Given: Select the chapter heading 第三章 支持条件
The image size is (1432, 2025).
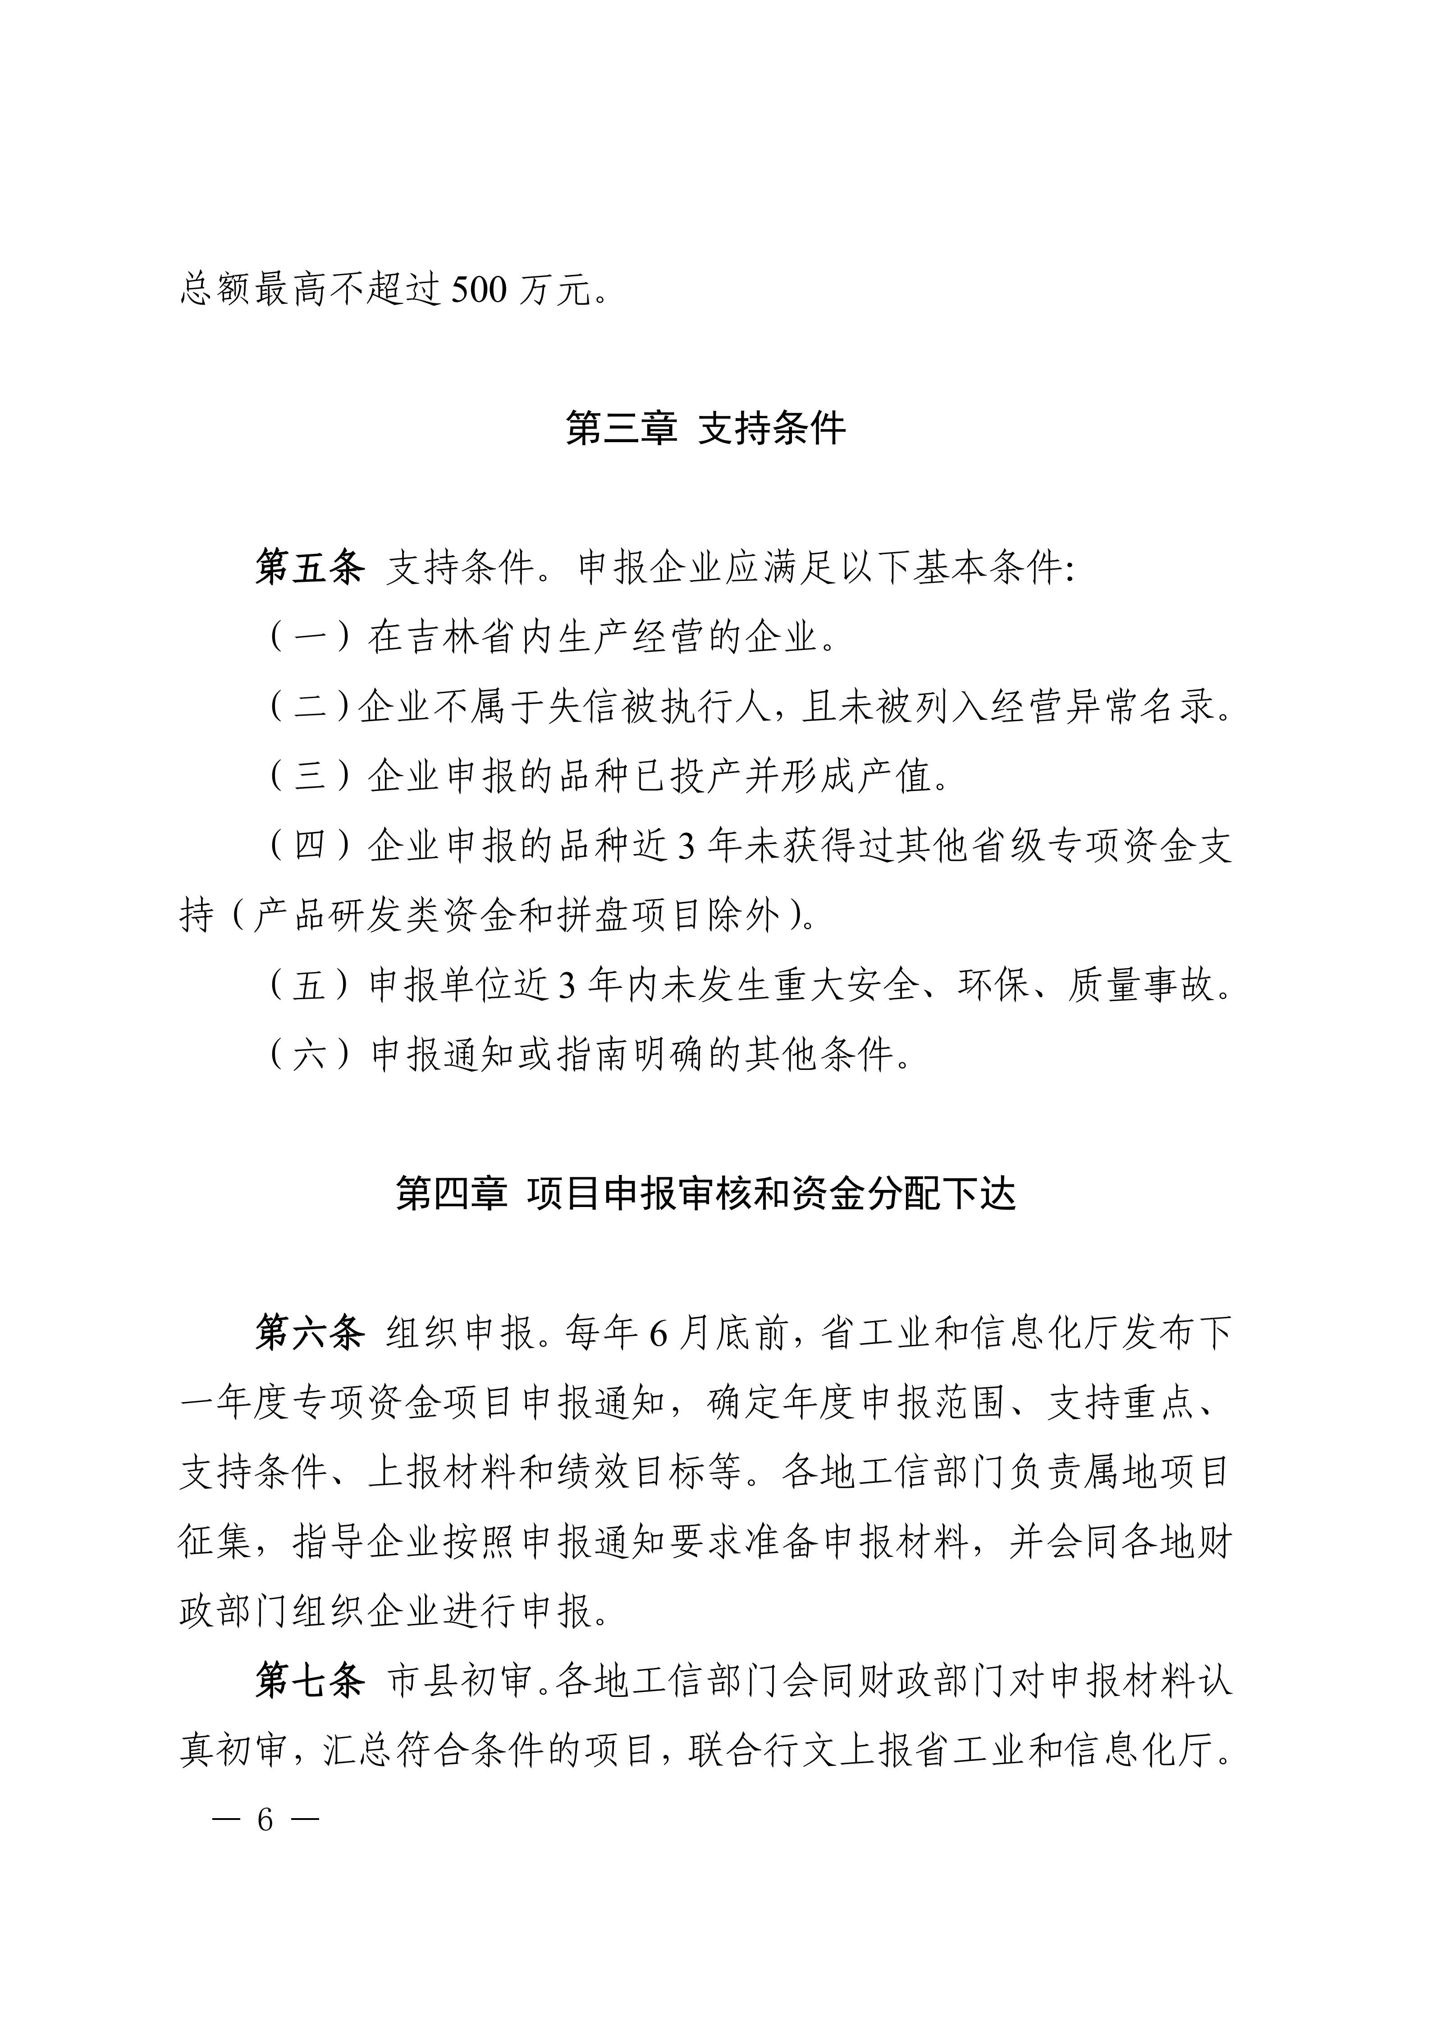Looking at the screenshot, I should (705, 429).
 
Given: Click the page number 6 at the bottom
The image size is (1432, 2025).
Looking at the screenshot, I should (265, 1819).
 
